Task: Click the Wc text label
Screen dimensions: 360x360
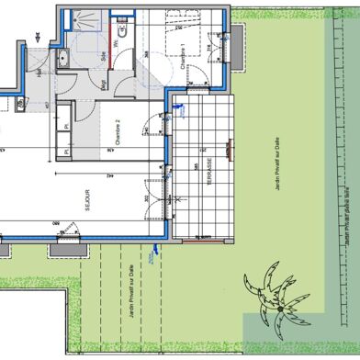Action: tap(116, 41)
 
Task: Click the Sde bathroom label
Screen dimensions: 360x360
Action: tap(103, 56)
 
